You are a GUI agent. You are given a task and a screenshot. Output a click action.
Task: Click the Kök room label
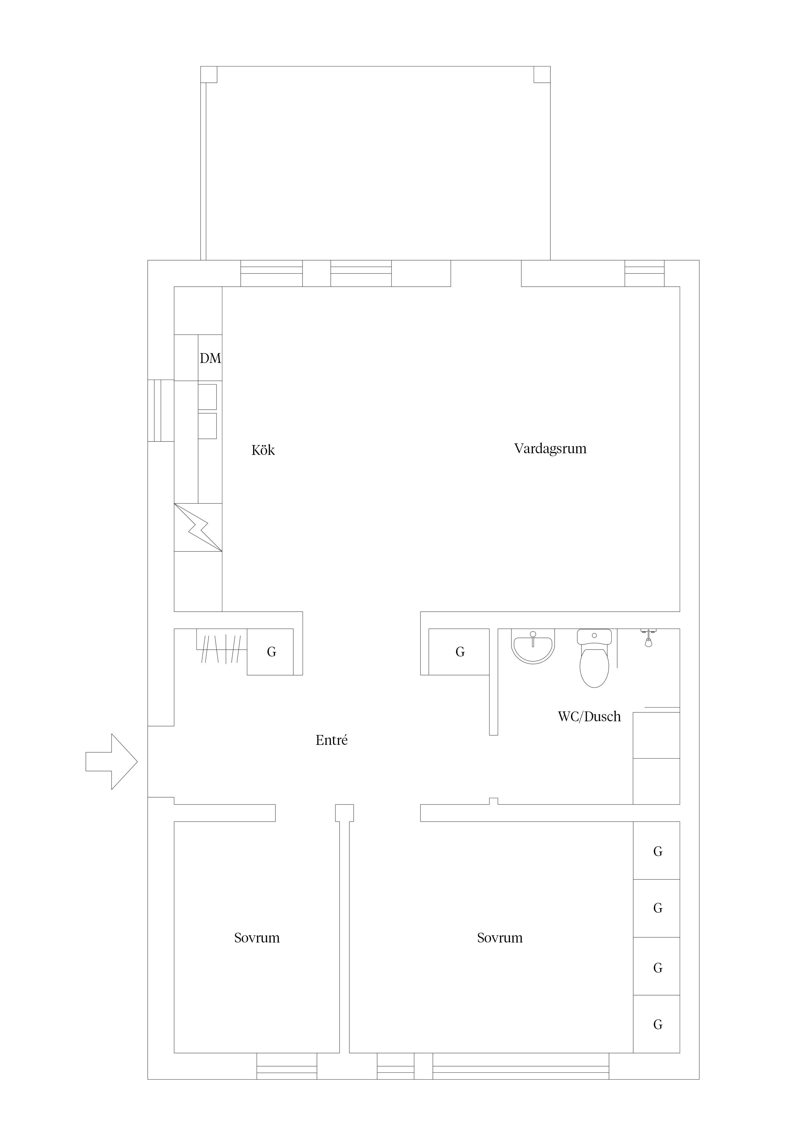tap(263, 451)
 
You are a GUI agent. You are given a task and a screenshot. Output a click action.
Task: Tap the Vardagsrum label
tap(550, 449)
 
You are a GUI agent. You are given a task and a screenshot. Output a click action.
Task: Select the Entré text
tap(332, 740)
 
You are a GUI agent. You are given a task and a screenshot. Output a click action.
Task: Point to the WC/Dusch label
tap(589, 716)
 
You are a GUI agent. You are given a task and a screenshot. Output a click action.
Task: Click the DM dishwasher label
tap(210, 358)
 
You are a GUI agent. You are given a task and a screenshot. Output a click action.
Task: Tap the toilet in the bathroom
tap(594, 658)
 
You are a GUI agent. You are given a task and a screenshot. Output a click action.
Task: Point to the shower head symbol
tap(648, 638)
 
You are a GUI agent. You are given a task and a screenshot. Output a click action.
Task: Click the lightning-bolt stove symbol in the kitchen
tap(198, 528)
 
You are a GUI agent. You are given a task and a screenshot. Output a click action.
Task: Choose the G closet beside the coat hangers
tap(270, 652)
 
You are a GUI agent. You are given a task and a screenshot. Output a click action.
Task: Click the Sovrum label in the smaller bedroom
tap(257, 938)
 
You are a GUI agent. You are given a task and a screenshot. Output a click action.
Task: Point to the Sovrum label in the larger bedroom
tap(500, 938)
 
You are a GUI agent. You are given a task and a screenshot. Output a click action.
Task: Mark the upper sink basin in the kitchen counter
tap(208, 397)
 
